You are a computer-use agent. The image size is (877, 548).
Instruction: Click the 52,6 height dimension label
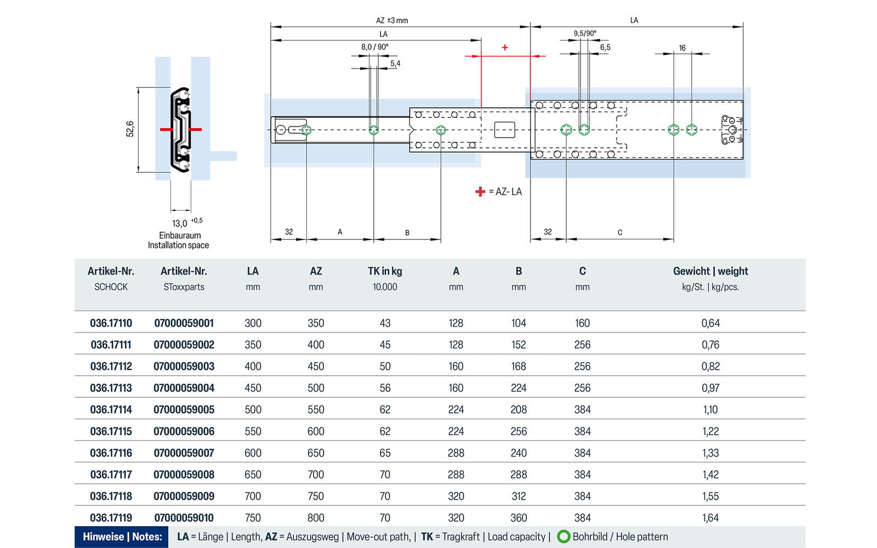coord(130,129)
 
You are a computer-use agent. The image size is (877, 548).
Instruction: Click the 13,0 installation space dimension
coord(180,223)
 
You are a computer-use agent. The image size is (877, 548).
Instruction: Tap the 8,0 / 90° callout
coord(374,47)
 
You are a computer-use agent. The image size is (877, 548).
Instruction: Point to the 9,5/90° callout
coord(585,33)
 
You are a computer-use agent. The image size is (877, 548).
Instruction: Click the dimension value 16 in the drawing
coord(682,48)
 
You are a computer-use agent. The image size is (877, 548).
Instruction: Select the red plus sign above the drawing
coord(505,48)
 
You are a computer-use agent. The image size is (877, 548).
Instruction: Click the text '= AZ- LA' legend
coord(505,192)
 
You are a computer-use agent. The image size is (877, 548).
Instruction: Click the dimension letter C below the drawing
coord(620,232)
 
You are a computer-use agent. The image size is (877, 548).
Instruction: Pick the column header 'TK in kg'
coord(385,271)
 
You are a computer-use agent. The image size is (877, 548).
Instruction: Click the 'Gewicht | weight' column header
coord(710,271)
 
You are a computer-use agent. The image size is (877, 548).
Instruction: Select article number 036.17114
coord(111,409)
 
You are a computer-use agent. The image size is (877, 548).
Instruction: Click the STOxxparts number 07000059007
coord(184,453)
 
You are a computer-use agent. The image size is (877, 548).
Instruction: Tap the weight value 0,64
coord(710,323)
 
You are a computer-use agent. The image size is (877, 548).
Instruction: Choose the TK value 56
coord(385,388)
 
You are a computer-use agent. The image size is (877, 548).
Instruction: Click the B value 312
coord(519,496)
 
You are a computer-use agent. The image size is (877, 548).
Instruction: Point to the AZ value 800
coord(316,517)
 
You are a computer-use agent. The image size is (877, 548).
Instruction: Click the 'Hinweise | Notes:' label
coord(122,537)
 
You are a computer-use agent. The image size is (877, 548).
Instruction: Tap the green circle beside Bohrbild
coord(563,536)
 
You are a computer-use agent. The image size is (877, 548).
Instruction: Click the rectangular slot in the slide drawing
coord(505,130)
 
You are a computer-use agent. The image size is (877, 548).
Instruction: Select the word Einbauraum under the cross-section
coord(180,235)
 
